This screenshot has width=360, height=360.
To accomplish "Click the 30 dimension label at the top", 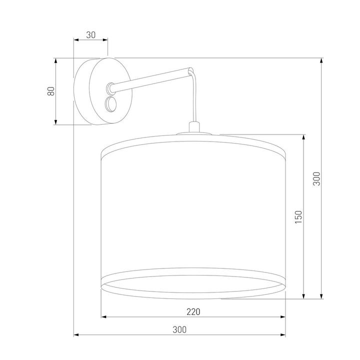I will click(90, 34).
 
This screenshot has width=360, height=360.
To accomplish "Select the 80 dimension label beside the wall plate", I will click(49, 91).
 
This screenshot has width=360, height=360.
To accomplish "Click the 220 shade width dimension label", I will click(193, 311).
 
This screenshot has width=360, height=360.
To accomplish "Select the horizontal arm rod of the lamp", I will click(150, 80).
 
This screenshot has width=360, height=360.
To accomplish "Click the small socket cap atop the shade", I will click(193, 128).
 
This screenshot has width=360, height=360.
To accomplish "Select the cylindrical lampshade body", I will click(193, 210).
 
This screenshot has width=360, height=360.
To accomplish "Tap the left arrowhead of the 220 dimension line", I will click(104, 317).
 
